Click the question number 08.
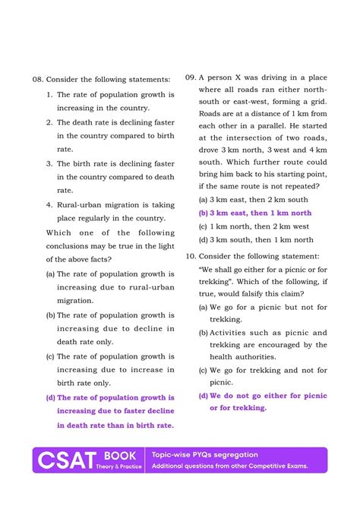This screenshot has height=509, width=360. pos(38,79)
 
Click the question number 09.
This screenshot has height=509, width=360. pos(191,77)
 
